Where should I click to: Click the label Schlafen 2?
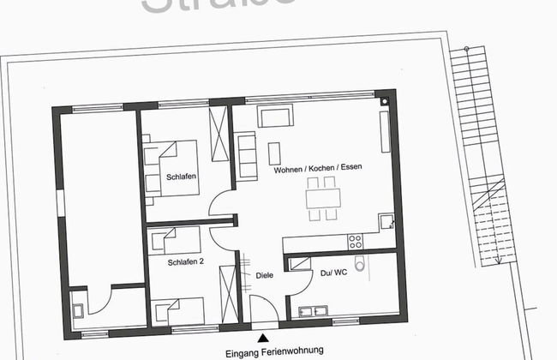coord(185,262)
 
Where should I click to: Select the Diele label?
coord(265,276)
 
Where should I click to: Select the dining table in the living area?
coord(323,198)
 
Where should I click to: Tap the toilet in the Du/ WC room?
coord(361,265)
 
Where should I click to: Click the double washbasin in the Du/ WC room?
coord(313,310)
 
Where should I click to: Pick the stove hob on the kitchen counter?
coord(354,237)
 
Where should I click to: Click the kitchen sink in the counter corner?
coord(387,222)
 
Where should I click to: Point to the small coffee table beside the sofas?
coord(274,153)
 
